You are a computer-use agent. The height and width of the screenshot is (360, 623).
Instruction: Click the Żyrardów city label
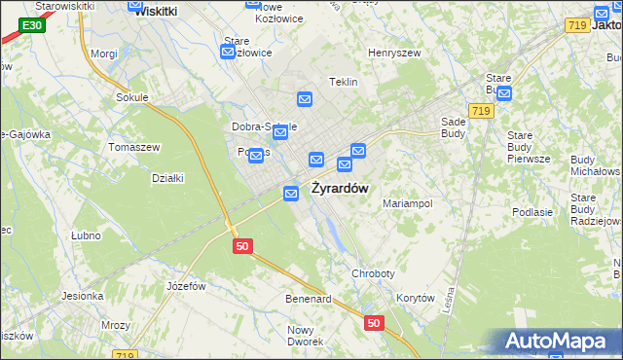pos(340,188)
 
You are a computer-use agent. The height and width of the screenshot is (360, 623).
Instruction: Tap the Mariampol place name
pos(407,204)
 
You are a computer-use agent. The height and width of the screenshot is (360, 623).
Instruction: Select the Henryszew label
pos(392,53)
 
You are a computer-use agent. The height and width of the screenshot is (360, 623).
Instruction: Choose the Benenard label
pos(309,298)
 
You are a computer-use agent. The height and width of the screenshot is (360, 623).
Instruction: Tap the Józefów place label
pos(186,286)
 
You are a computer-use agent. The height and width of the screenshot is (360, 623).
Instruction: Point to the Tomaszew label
pos(133,147)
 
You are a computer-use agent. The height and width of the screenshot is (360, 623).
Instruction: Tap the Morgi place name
pos(103,54)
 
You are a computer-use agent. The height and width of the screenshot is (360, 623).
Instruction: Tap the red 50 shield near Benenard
pos(373,322)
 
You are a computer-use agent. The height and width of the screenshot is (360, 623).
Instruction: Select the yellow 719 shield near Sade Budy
pos(478,112)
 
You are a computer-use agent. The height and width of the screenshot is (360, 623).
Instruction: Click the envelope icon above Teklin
pos(305,99)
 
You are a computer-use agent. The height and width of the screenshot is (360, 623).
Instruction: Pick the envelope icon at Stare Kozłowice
pos(228,53)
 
